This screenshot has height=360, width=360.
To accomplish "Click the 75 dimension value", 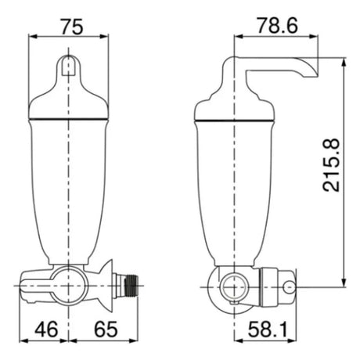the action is click(72, 27).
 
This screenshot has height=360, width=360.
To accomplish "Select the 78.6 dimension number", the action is click(277, 26).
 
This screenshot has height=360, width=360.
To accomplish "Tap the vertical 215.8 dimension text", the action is click(331, 165).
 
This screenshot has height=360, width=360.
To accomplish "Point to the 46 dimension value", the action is click(46, 329).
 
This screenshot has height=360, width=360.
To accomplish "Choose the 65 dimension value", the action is click(106, 329).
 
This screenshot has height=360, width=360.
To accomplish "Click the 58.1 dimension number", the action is click(268, 329).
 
